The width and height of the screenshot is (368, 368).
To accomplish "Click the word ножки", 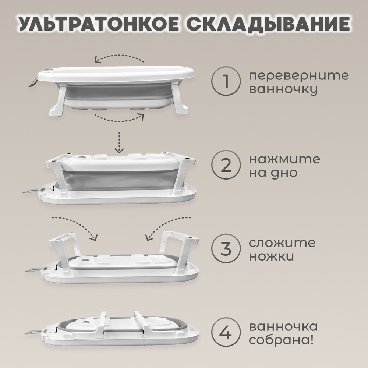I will [x=271, y=256].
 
